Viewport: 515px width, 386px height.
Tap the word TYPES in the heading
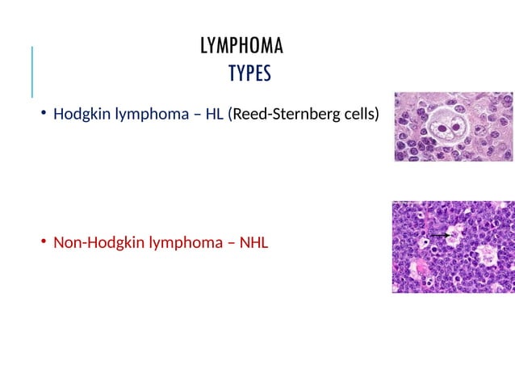(249, 75)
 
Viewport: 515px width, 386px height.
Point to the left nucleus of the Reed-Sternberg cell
(444, 127)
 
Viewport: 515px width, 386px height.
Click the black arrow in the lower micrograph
(439, 234)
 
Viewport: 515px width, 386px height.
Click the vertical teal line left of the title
(32, 73)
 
